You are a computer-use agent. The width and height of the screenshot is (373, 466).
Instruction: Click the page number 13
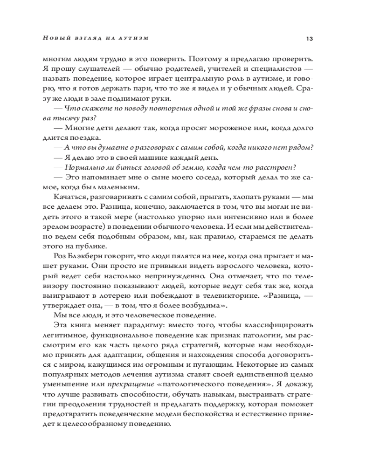pyautogui.click(x=309, y=38)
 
